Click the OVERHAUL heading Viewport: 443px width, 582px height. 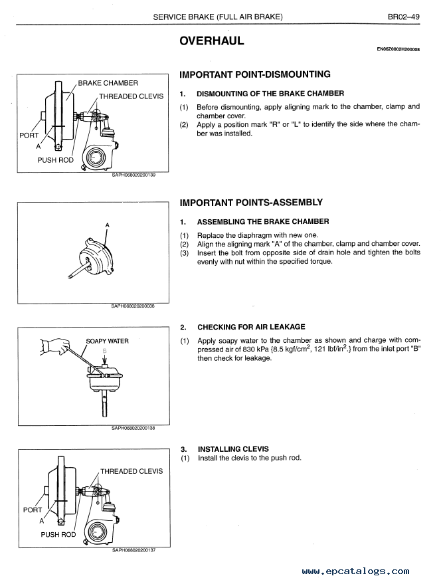pos(212,41)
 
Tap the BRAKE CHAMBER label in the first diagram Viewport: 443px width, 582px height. pos(108,83)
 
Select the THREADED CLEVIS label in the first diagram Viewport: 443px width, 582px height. pos(131,96)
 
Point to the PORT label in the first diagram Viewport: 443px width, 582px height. pos(29,135)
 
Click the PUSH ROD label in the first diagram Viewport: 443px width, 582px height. pos(56,160)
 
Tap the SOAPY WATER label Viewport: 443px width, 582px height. pos(108,341)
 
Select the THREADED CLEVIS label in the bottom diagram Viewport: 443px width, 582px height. pos(131,471)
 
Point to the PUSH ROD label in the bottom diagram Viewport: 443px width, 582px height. pos(58,534)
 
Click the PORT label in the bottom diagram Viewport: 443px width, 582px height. pos(33,510)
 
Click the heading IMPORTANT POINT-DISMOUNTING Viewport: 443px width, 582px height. pos(255,74)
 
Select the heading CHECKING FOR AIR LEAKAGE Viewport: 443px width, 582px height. pos(251,327)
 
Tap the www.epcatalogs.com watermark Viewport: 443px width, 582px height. pos(355,571)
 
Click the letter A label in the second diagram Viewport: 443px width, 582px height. pos(108,225)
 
